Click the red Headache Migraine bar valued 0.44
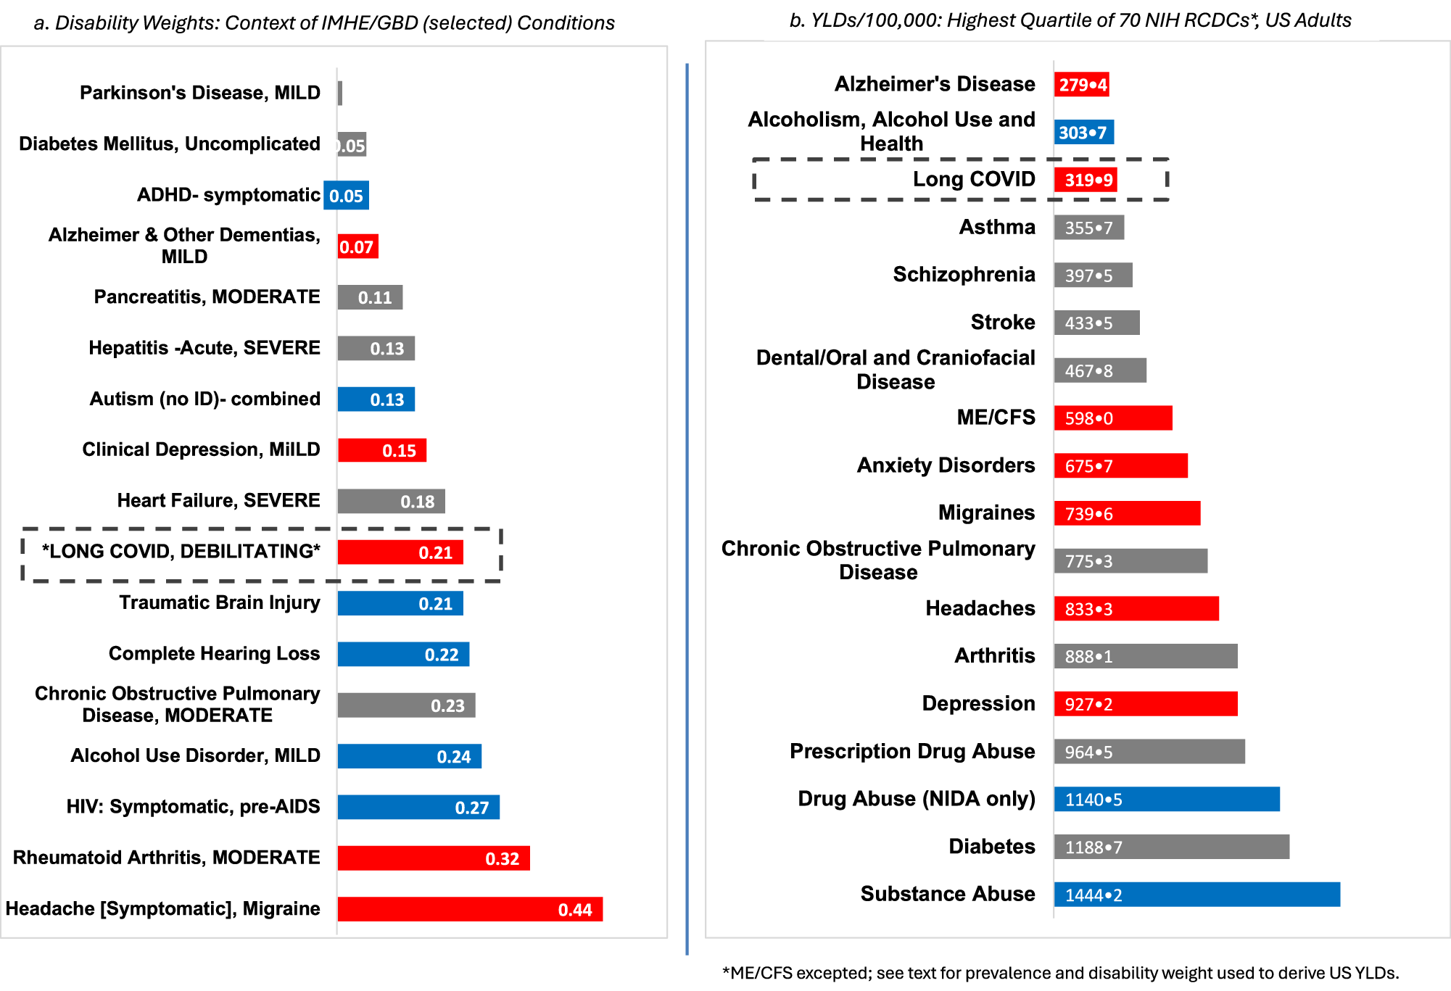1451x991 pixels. pyautogui.click(x=470, y=909)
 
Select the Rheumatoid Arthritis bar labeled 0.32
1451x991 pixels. pyautogui.click(x=434, y=858)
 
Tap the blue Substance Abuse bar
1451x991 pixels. pyautogui.click(x=1196, y=895)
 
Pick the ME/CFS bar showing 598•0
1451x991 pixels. pyautogui.click(x=1113, y=418)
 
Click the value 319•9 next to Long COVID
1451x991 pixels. pyautogui.click(x=1088, y=181)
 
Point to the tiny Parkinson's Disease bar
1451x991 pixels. pyautogui.click(x=340, y=94)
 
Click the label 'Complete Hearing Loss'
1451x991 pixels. pyautogui.click(x=214, y=654)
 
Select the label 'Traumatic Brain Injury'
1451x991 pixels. pyautogui.click(x=219, y=603)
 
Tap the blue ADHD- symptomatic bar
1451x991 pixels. pyautogui.click(x=347, y=196)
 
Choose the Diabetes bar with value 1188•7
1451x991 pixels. pyautogui.click(x=1171, y=847)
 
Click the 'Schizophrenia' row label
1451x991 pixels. pyautogui.click(x=964, y=275)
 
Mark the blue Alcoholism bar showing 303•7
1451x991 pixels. pyautogui.click(x=1083, y=133)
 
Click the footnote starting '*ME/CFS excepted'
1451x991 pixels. pyautogui.click(x=1060, y=973)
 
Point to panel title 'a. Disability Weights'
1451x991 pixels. pyautogui.click(x=324, y=23)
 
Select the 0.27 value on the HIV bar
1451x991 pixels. pyautogui.click(x=471, y=808)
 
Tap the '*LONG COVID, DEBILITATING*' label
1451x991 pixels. pyautogui.click(x=181, y=552)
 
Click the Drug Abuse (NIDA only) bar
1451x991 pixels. pyautogui.click(x=1167, y=800)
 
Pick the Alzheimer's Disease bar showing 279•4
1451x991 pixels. pyautogui.click(x=1081, y=85)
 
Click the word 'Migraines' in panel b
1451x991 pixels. pyautogui.click(x=986, y=513)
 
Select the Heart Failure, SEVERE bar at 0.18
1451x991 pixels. pyautogui.click(x=391, y=502)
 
